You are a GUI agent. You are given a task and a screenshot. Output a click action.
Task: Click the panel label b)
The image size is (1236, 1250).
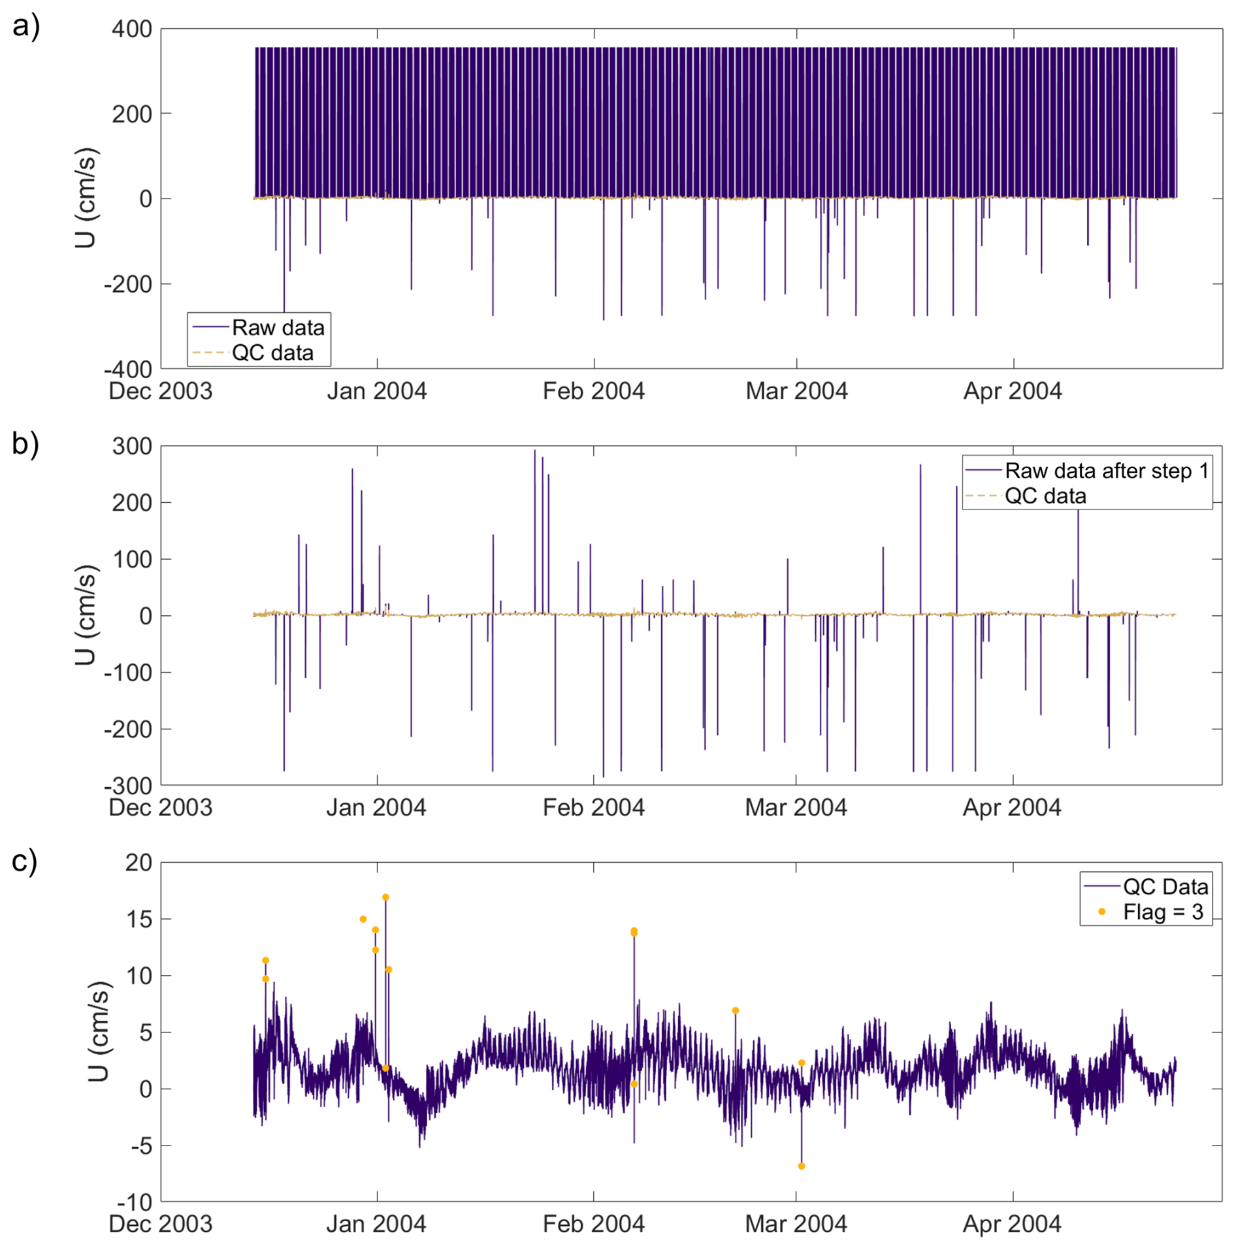(x=26, y=443)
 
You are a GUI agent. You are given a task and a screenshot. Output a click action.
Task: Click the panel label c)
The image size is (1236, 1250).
(x=25, y=860)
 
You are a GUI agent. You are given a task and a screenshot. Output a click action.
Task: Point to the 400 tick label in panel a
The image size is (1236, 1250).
(x=131, y=29)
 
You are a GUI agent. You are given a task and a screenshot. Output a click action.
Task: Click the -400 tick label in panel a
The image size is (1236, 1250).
(x=128, y=369)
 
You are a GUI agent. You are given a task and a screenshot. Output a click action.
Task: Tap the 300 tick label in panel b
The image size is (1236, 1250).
(x=131, y=446)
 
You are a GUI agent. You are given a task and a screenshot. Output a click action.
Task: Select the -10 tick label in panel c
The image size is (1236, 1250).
(x=135, y=1202)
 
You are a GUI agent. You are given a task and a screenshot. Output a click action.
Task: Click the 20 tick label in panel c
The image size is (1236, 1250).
(x=138, y=863)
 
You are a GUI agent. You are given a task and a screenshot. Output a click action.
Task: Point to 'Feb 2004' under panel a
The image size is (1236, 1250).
(x=593, y=391)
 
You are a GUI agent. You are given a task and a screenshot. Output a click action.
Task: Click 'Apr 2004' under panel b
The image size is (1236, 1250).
(x=1012, y=808)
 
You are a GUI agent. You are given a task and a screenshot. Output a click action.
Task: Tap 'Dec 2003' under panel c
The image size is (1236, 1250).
(x=161, y=1225)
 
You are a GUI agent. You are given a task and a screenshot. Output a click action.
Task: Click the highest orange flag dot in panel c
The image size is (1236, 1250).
(x=385, y=897)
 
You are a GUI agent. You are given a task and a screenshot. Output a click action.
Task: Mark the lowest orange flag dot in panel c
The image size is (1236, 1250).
(x=802, y=1166)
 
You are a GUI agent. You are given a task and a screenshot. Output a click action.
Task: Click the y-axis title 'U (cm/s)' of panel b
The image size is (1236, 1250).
(x=85, y=615)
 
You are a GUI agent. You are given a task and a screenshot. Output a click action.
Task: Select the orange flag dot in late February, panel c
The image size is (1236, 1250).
(x=735, y=1010)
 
